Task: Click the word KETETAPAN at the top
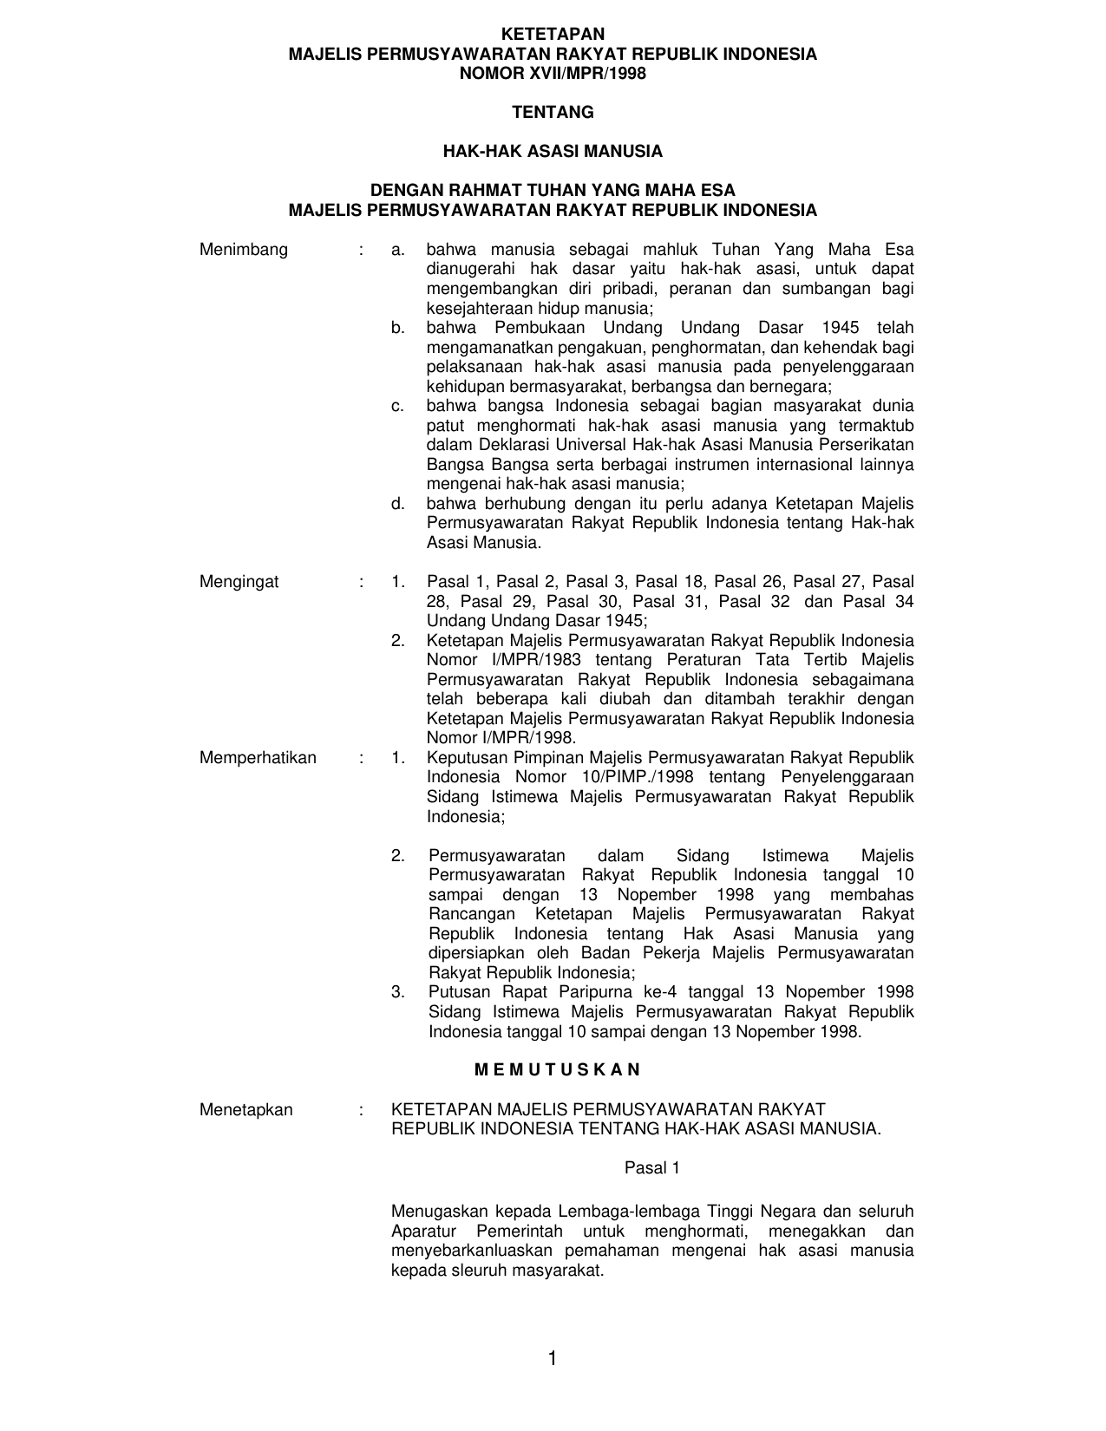coord(553,35)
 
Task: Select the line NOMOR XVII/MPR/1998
coord(553,74)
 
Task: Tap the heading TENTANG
coord(553,113)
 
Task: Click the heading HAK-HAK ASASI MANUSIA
coord(553,152)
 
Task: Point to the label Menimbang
coord(244,250)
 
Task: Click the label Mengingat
coord(239,582)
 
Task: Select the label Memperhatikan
coord(258,758)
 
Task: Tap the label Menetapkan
coord(246,1109)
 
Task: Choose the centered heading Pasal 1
coord(652,1168)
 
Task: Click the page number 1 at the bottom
coord(552,1358)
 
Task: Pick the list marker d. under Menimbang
coord(398,504)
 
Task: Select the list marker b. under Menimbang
coord(398,328)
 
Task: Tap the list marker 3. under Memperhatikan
coord(398,992)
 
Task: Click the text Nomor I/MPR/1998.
coord(501,738)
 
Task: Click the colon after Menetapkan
coord(359,1109)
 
